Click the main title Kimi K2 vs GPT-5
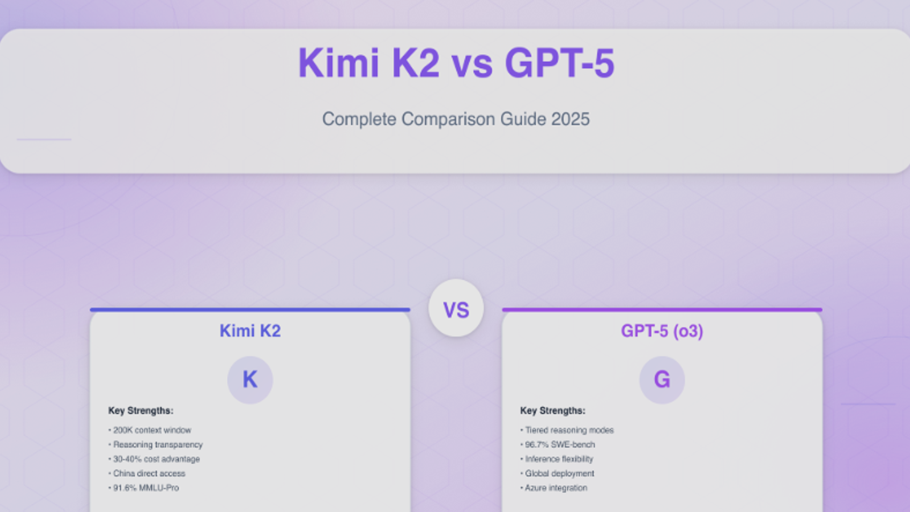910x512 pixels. [x=456, y=63]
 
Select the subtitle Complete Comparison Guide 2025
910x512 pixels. [x=456, y=119]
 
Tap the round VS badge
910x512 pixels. [x=456, y=309]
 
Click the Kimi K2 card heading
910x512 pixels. [x=250, y=331]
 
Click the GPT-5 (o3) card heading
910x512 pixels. [x=662, y=331]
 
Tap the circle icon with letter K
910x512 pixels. [x=250, y=380]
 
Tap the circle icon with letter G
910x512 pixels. [x=662, y=380]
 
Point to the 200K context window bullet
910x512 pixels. [x=152, y=430]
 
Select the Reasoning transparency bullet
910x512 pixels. [x=157, y=445]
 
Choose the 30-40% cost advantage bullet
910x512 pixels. [x=156, y=459]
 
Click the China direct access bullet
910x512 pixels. [x=149, y=474]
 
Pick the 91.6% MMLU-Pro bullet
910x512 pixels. [x=146, y=488]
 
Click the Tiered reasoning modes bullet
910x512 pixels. [x=569, y=430]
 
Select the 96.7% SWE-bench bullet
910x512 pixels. [x=559, y=445]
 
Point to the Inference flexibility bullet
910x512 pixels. [x=558, y=459]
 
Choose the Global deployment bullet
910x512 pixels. [x=559, y=474]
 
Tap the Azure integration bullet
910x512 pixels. [x=555, y=488]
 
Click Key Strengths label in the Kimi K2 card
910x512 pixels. [x=141, y=411]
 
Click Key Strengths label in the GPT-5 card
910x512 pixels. [x=553, y=411]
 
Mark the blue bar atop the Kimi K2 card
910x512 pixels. [x=250, y=310]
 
